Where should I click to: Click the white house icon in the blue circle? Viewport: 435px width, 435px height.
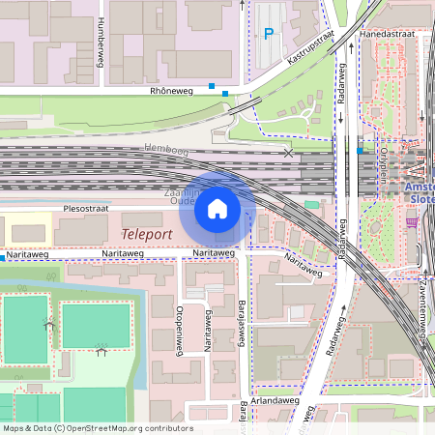[x=217, y=209]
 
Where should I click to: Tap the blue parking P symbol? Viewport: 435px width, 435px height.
[x=269, y=35]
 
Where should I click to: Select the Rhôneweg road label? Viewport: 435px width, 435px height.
[x=171, y=91]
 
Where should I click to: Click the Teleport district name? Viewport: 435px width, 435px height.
[x=147, y=234]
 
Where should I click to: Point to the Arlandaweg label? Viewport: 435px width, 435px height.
[x=275, y=399]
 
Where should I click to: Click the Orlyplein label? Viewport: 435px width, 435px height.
[x=384, y=149]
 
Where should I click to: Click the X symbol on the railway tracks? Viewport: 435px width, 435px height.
[x=287, y=153]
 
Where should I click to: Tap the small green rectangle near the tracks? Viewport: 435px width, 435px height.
[x=311, y=204]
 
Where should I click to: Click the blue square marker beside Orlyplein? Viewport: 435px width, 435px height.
[x=360, y=151]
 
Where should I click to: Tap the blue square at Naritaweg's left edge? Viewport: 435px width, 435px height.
[x=3, y=258]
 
